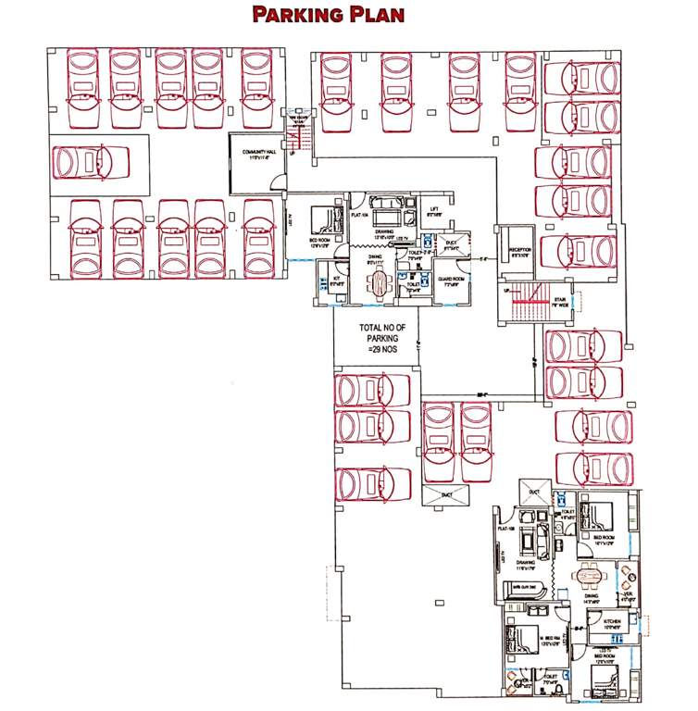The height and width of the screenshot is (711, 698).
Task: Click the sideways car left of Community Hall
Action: coord(89,164)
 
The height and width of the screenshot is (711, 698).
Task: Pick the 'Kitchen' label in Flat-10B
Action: coord(612,622)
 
